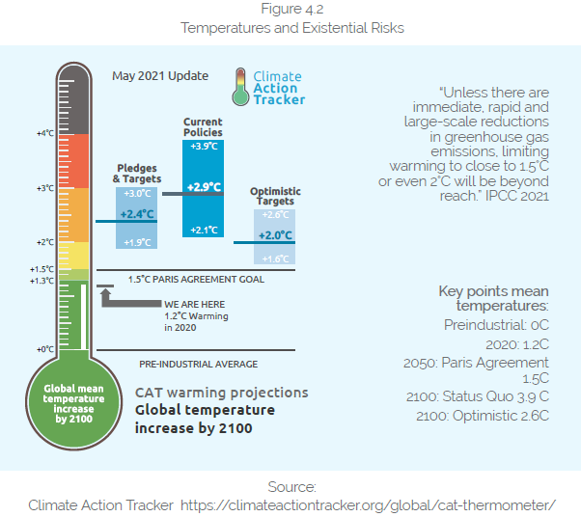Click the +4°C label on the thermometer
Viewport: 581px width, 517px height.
pos(44,133)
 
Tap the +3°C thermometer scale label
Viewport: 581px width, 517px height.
pos(44,188)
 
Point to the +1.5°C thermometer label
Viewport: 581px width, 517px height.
pos(41,269)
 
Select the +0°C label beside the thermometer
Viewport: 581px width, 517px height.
pos(44,349)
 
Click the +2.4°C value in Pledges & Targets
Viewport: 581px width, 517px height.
pos(137,214)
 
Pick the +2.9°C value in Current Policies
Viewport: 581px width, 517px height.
pos(204,187)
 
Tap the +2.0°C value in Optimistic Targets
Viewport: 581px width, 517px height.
pos(275,234)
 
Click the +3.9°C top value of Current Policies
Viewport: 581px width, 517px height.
pos(204,146)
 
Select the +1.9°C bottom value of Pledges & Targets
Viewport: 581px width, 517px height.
pos(137,241)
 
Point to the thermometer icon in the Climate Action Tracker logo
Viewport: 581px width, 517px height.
pos(238,87)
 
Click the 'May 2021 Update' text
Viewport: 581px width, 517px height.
pos(147,75)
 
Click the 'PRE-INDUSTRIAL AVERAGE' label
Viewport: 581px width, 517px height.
pos(198,364)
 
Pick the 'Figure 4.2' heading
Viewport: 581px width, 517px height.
pos(291,11)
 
